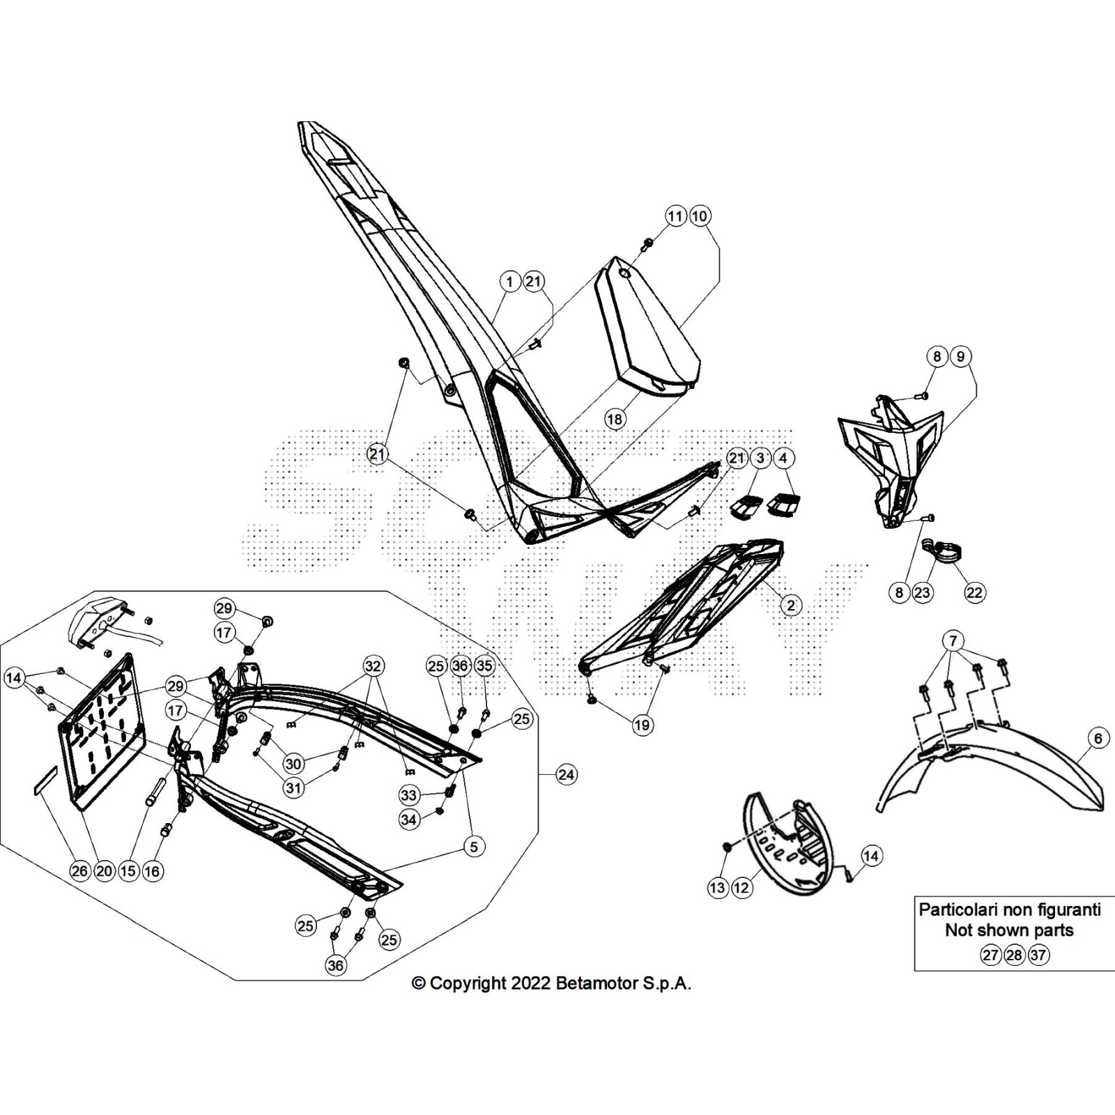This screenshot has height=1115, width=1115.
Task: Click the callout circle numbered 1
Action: pos(510,282)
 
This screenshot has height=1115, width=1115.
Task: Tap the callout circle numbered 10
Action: pos(700,216)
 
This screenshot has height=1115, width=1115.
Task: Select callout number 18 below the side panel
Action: pos(615,419)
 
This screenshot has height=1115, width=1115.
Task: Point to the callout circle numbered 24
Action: pos(567,774)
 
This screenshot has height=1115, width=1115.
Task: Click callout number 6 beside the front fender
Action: pos(1098,738)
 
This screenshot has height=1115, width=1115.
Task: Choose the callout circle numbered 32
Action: pos(373,666)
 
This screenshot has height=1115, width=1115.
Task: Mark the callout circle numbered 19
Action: pos(642,725)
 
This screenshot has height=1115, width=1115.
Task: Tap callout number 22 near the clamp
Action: pos(974,592)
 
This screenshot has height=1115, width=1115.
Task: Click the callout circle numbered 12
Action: pos(741,888)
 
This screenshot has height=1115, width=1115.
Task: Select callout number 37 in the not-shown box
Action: pos(1038,955)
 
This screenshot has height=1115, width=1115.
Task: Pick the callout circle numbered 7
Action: pos(953,640)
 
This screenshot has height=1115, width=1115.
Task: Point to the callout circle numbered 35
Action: pos(484,666)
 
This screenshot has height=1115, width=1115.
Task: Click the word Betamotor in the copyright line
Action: pos(593,983)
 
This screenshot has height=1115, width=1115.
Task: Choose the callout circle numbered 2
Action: pos(791,605)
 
